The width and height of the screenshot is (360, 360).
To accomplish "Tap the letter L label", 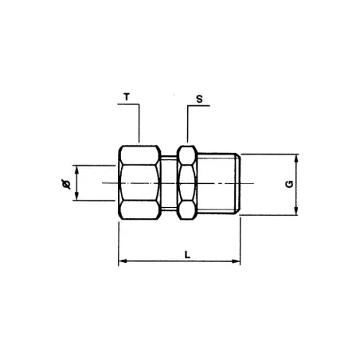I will pyautogui.click(x=186, y=254).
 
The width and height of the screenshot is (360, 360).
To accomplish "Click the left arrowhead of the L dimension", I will pyautogui.click(x=122, y=262).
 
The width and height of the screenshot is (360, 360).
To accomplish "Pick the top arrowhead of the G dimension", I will pyautogui.click(x=296, y=157).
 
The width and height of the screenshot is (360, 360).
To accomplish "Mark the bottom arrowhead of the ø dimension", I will pyautogui.click(x=76, y=199).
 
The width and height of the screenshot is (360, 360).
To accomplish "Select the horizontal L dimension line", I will pyautogui.click(x=159, y=262).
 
